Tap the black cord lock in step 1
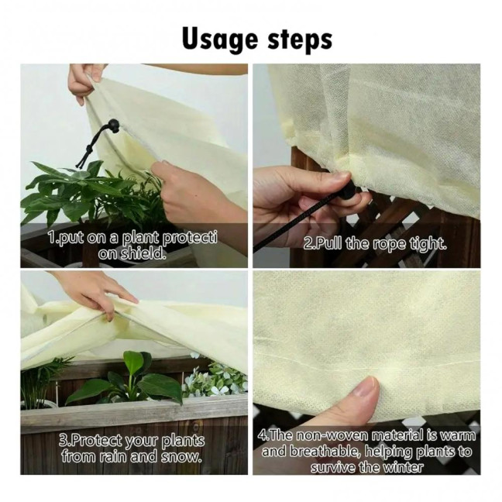(113, 125)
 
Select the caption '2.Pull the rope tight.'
(375, 243)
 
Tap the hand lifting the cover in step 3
(95, 290)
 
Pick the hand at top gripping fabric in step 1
(85, 80)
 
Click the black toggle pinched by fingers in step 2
(348, 190)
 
